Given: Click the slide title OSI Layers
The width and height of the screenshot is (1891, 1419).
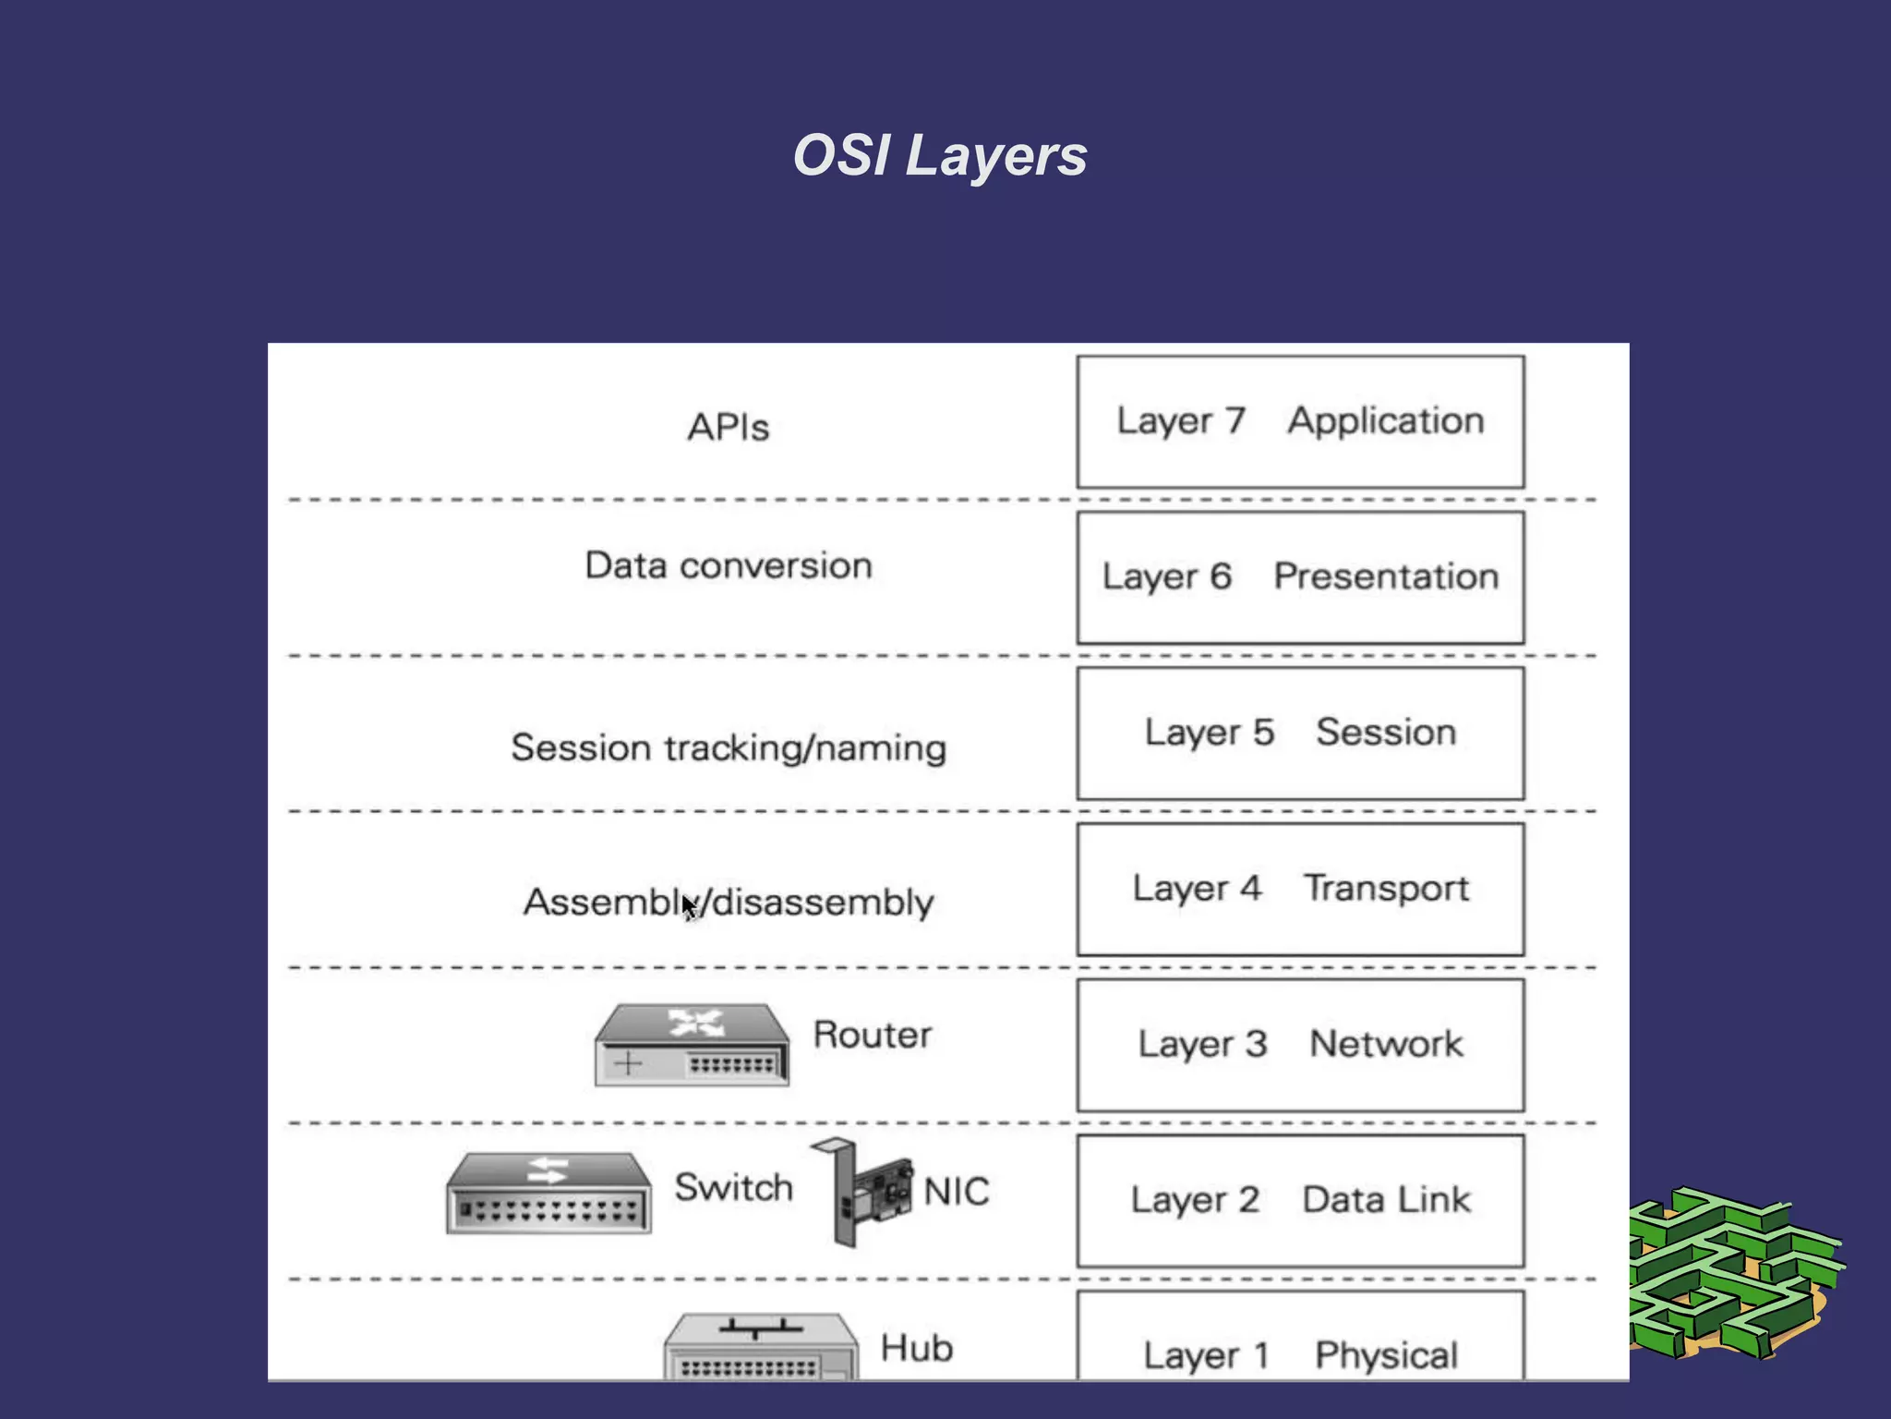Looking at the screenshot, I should tap(940, 155).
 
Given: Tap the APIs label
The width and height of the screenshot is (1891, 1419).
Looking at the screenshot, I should tap(728, 428).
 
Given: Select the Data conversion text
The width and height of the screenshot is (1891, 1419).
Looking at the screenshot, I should tap(728, 565).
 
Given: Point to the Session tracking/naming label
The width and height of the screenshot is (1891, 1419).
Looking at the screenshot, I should tap(728, 747).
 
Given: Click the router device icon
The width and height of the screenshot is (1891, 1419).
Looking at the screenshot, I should tap(692, 1045).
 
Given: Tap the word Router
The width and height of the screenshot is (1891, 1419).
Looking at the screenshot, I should tap(872, 1035).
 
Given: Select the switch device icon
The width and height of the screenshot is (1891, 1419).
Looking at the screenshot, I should tap(548, 1193).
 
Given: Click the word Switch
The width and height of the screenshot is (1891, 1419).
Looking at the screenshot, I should tap(733, 1188).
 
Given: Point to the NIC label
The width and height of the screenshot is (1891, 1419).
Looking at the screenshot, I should tap(956, 1192).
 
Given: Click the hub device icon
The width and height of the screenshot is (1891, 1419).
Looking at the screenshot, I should tap(760, 1347).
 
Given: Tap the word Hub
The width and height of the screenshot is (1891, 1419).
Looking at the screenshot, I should tap(916, 1348).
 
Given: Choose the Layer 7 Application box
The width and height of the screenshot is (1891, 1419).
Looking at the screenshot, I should tap(1300, 422).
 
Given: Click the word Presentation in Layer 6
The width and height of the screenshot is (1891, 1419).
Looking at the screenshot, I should tap(1385, 576).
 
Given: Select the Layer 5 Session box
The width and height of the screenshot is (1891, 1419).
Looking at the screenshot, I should tap(1300, 734).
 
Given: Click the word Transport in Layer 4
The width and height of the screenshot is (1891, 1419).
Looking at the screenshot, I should tap(1385, 889).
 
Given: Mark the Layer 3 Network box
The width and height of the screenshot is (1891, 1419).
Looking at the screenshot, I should tap(1300, 1045).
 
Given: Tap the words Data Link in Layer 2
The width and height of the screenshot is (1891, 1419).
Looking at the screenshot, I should tap(1385, 1200).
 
